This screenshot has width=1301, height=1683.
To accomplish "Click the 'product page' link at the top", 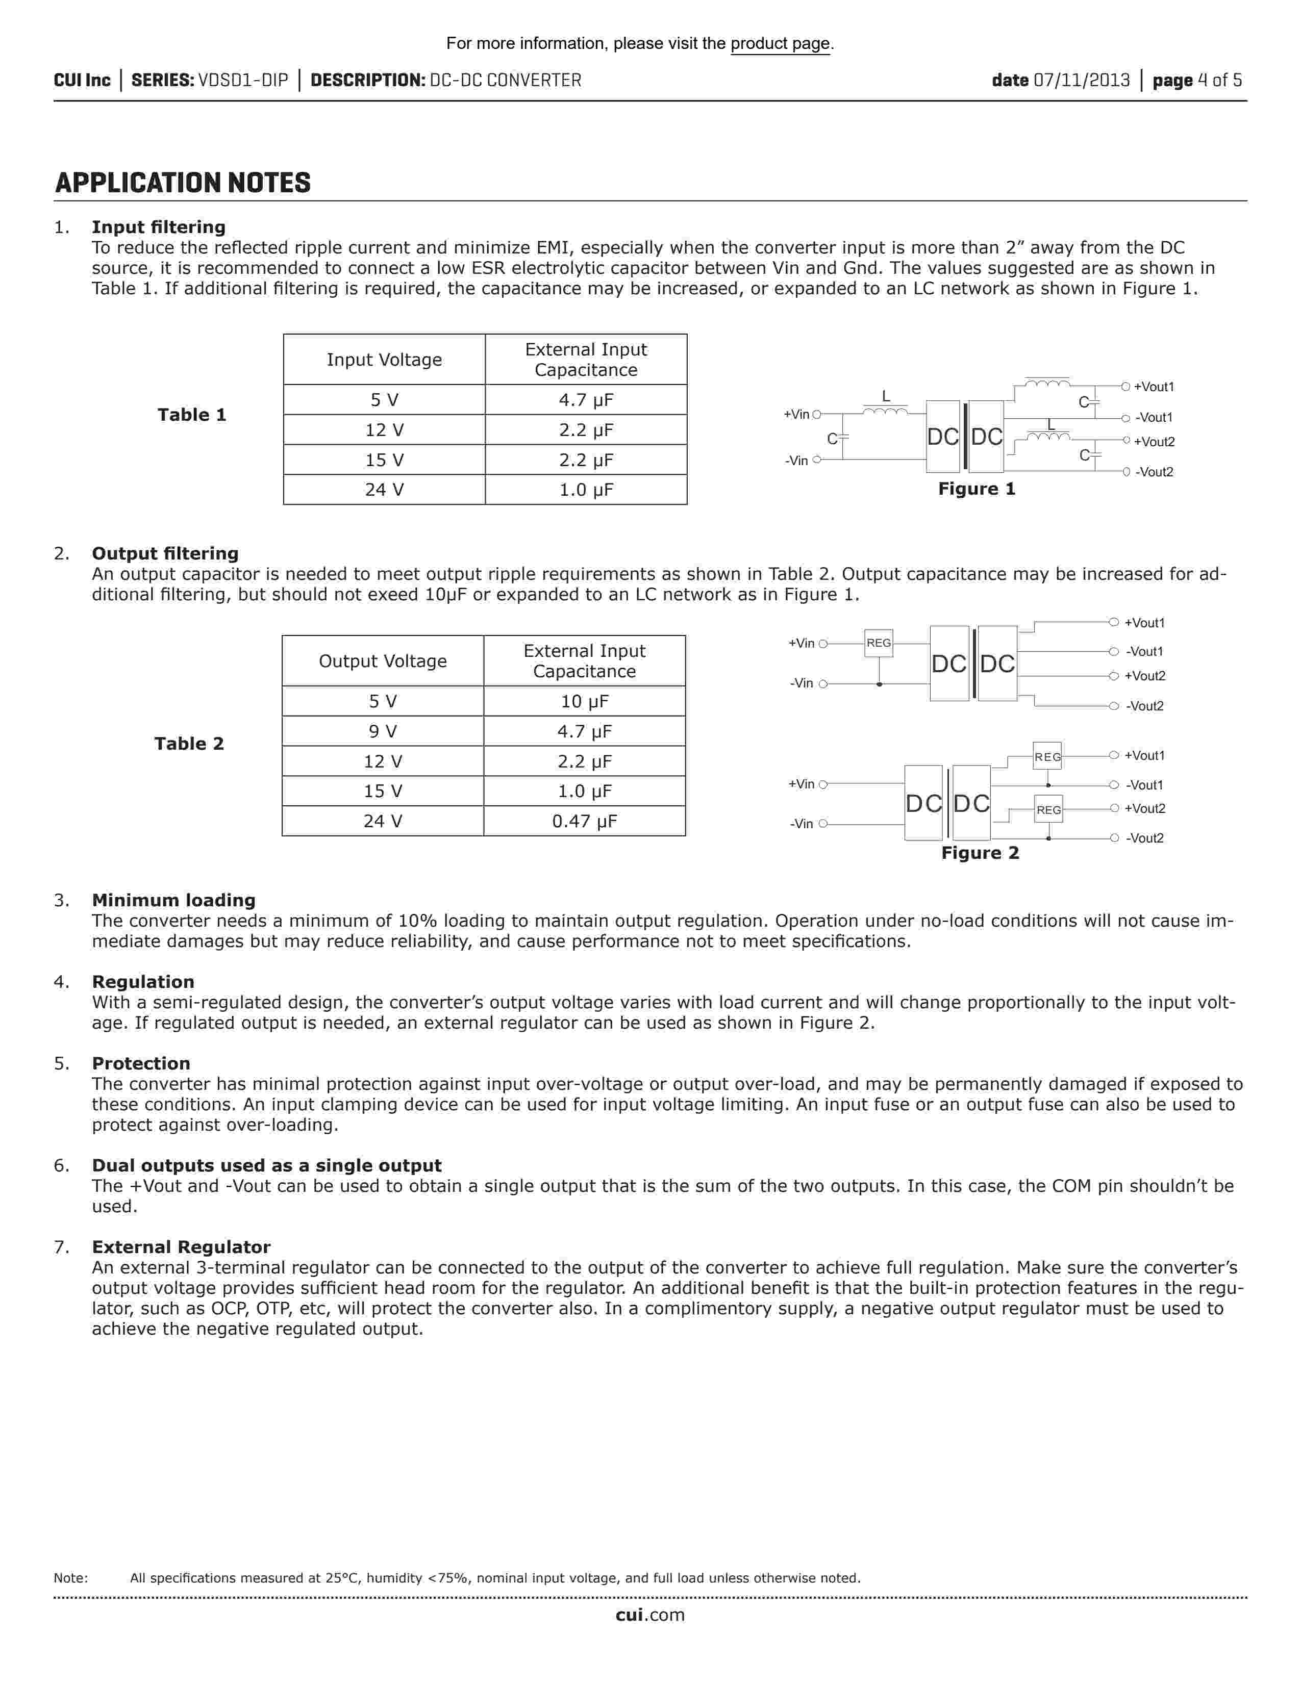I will [780, 44].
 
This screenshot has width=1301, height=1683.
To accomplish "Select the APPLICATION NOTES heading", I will [183, 184].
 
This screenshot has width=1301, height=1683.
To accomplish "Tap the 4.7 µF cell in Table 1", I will [586, 400].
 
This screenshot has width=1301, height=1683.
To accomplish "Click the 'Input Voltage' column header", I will [384, 360].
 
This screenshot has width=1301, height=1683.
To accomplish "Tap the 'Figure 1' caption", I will [977, 489].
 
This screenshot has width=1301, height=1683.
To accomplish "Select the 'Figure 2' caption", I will [980, 853].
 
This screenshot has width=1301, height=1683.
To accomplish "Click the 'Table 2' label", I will [189, 744].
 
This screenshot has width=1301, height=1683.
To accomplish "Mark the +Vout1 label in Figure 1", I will [1154, 387].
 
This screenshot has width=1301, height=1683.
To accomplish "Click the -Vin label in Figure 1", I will [796, 461].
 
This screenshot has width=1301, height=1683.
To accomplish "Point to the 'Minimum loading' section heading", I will [173, 900].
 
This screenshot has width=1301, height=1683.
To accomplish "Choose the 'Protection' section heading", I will [141, 1063].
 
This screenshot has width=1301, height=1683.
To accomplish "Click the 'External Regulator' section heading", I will [181, 1247].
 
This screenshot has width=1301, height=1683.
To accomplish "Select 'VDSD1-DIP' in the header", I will [243, 80].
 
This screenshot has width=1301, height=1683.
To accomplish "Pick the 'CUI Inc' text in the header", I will [82, 80].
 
